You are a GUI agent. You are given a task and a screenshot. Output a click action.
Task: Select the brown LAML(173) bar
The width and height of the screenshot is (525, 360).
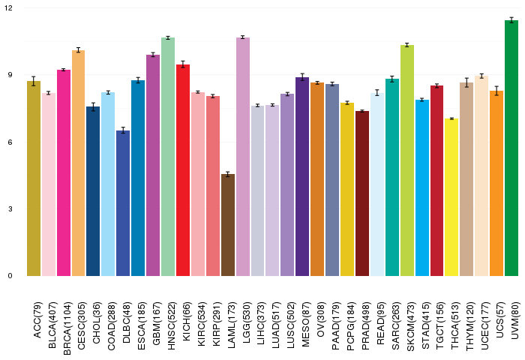228,225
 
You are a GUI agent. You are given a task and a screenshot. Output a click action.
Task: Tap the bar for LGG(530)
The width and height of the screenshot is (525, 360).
243,157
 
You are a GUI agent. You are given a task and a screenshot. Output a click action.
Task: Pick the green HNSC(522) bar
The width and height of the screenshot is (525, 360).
168,157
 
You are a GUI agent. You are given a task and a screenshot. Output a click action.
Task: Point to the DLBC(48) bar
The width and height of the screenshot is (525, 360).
123,203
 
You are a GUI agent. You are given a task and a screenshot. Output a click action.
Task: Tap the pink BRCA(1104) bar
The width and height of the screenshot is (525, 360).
64,172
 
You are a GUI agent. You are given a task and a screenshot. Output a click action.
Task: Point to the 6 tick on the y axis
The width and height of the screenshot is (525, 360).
10,142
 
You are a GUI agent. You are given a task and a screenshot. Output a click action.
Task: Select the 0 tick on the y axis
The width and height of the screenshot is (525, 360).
10,275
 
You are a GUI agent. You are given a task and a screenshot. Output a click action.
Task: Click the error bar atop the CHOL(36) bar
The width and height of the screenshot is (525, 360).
93,106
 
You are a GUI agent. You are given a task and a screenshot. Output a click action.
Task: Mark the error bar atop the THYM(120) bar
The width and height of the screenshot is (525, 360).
466,82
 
